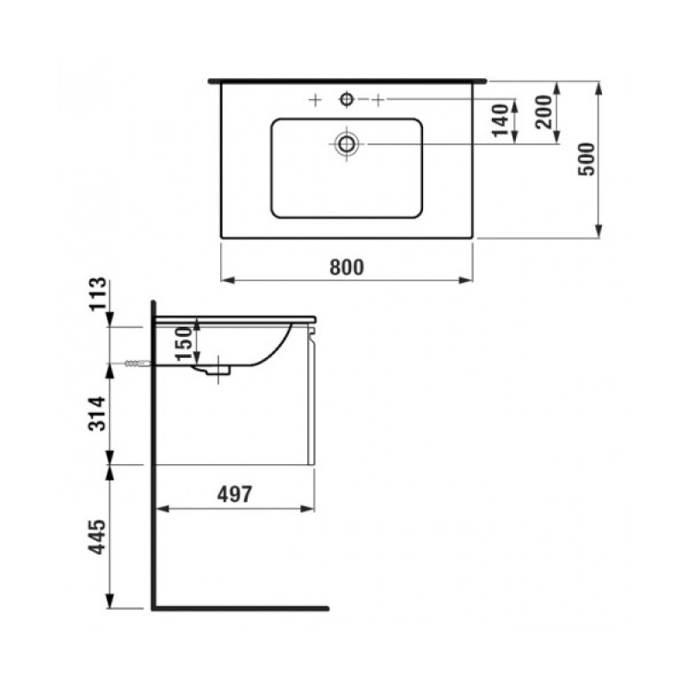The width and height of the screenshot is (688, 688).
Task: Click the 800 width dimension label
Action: (347, 267)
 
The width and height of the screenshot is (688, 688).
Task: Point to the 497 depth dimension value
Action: (232, 494)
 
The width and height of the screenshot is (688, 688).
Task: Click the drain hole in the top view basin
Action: (347, 143)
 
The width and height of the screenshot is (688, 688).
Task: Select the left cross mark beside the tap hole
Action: (315, 101)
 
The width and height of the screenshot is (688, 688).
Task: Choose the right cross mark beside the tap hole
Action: (378, 101)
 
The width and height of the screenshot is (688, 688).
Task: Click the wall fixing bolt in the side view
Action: (136, 364)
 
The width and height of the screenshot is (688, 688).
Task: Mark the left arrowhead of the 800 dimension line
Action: (226, 279)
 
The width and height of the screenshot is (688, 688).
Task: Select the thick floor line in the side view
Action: (241, 607)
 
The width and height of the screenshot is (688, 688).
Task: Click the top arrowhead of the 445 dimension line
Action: (111, 470)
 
